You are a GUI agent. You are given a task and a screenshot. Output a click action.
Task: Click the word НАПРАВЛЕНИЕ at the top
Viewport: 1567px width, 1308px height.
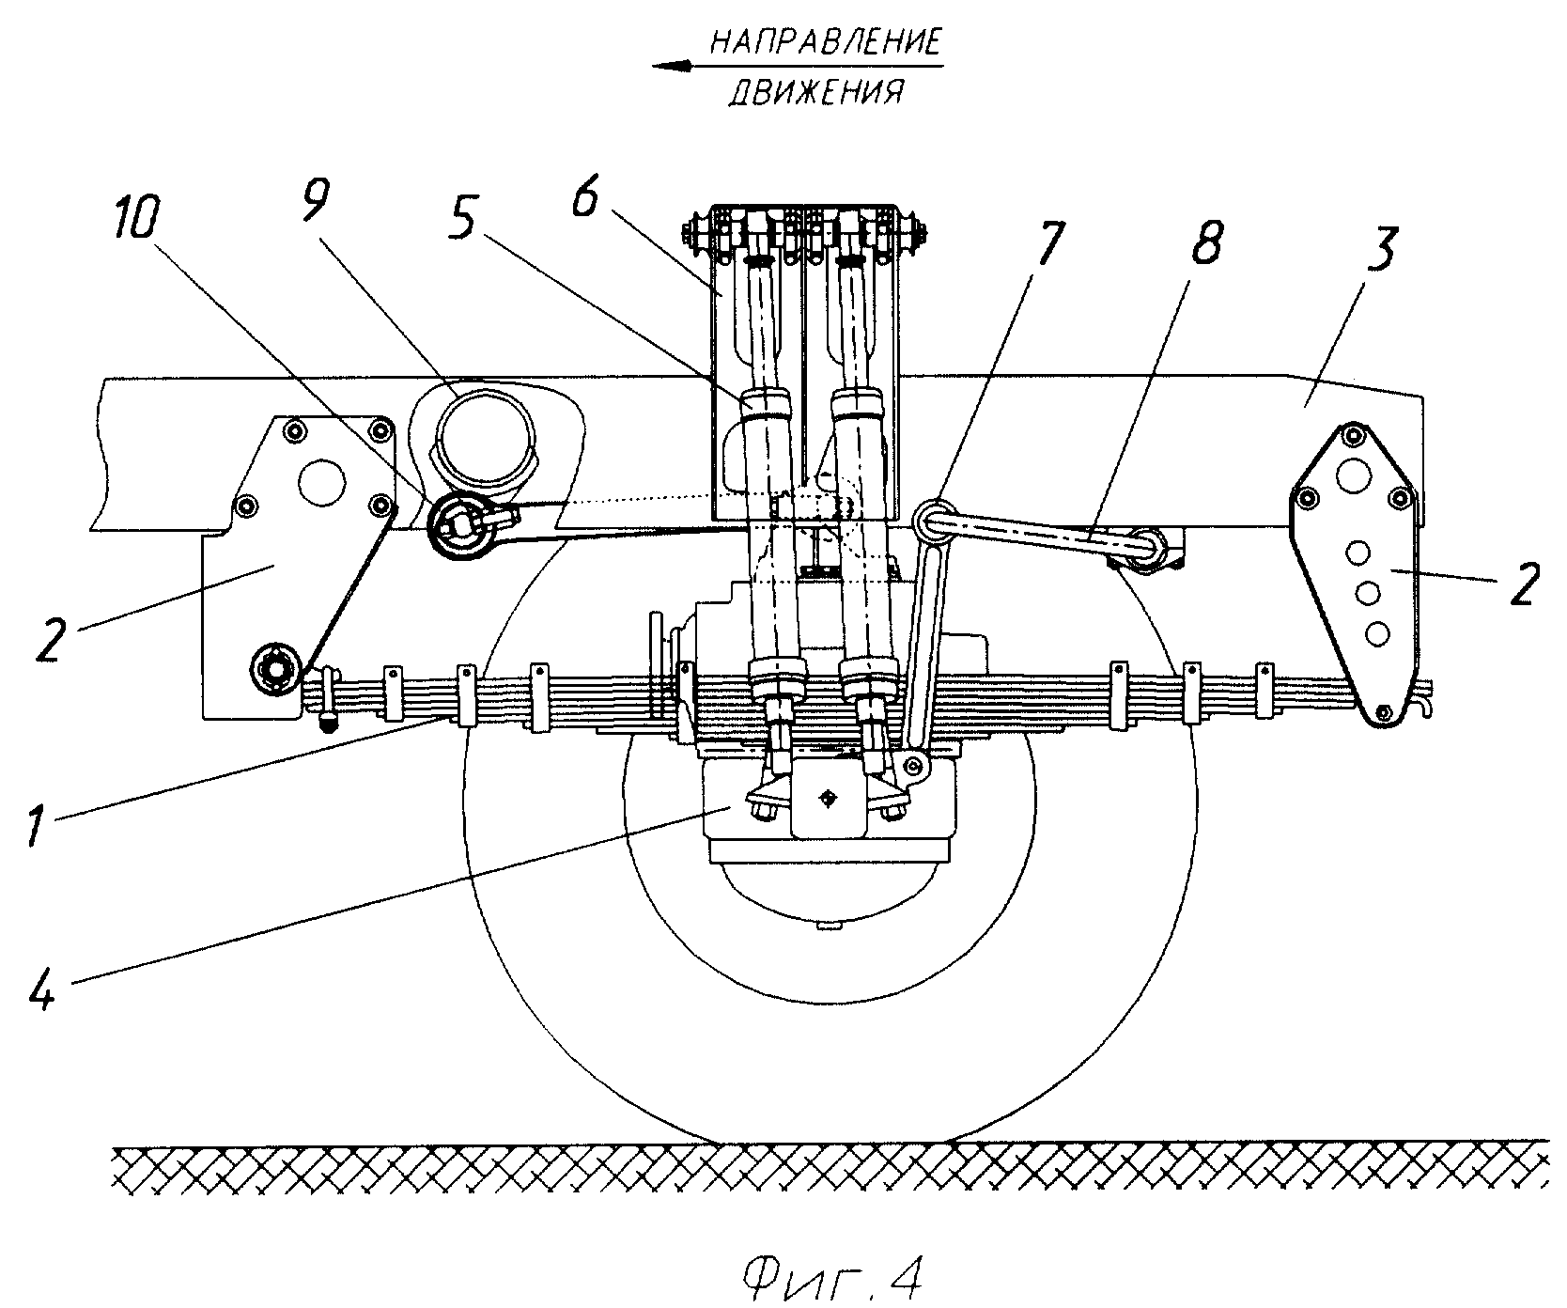pos(825,43)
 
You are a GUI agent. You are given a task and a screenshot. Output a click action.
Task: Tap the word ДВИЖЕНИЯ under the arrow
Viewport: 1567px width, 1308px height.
pos(816,92)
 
